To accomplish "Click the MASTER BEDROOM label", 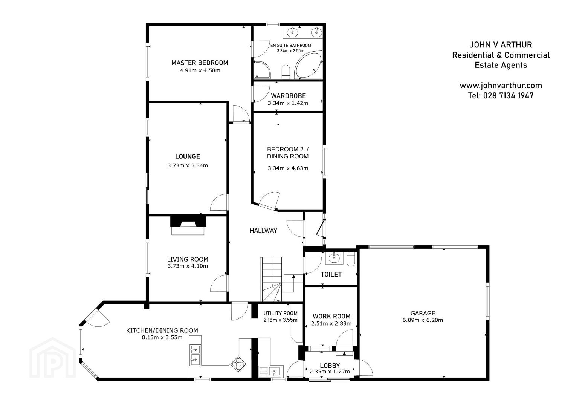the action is click(x=200, y=63).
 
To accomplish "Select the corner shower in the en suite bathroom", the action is click(x=262, y=70).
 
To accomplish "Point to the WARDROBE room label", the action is click(x=288, y=96).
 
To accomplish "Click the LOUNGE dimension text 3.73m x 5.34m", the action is click(x=188, y=165).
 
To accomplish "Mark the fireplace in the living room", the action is click(x=188, y=225).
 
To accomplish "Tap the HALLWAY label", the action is click(x=263, y=231).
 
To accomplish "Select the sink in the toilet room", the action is click(x=334, y=258).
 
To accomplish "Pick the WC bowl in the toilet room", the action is click(x=351, y=259).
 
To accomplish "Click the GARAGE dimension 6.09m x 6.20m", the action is click(x=423, y=320).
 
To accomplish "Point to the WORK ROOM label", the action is click(x=331, y=316).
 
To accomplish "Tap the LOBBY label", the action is click(x=330, y=366).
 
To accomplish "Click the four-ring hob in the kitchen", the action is click(x=238, y=364).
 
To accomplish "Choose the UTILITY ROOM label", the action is click(x=280, y=313).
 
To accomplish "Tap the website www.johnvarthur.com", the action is click(x=501, y=86).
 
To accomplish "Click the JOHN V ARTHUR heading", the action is click(x=501, y=45).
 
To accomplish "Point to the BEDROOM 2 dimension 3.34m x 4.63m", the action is click(x=288, y=168).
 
